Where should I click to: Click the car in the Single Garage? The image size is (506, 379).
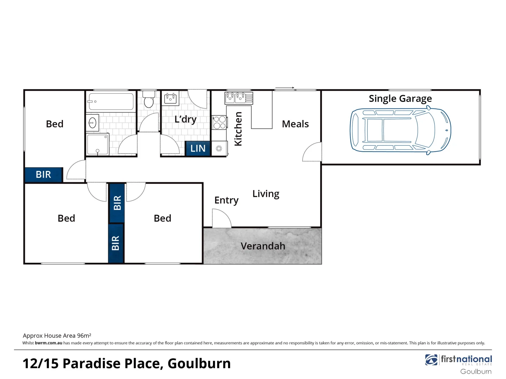point(400,130)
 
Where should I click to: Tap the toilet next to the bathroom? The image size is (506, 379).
point(149,100)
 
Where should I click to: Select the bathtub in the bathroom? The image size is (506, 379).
point(111,101)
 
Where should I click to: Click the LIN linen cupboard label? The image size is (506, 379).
point(198,148)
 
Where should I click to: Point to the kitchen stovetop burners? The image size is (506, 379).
point(220,122)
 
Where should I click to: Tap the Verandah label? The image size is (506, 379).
point(263,246)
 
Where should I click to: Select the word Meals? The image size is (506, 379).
point(295,124)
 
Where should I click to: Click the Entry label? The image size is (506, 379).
point(226,200)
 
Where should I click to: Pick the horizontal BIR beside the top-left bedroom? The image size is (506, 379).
point(44,174)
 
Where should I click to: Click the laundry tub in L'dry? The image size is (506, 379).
point(170,98)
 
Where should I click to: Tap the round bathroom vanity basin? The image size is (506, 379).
point(92,123)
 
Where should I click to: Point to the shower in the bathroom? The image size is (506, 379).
point(97,144)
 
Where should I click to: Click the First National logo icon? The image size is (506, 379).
point(431,360)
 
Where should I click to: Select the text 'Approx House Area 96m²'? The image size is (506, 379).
point(57,335)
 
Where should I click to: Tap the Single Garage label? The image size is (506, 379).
point(400,99)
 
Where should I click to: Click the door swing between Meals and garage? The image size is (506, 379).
point(312,152)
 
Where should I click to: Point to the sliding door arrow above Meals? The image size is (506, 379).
point(285,87)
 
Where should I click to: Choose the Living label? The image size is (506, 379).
point(266,194)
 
